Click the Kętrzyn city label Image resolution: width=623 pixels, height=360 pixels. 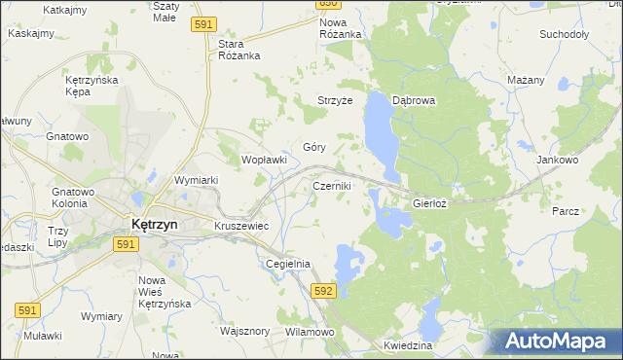tap(154, 224)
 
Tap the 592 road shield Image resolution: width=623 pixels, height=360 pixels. tap(324, 290)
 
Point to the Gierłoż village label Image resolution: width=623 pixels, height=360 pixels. tap(429, 204)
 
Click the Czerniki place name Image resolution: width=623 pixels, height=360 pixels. tap(331, 185)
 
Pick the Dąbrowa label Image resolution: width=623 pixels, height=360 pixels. tap(413, 100)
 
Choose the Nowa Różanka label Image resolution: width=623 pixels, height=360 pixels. tap(341, 27)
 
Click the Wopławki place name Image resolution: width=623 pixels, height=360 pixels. tap(263, 160)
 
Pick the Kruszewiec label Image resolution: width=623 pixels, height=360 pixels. tap(240, 226)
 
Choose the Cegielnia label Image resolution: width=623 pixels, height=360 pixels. tap(287, 264)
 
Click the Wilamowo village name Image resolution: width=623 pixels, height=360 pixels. tap(310, 332)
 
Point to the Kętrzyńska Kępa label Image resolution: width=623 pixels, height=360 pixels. tap(91, 85)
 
